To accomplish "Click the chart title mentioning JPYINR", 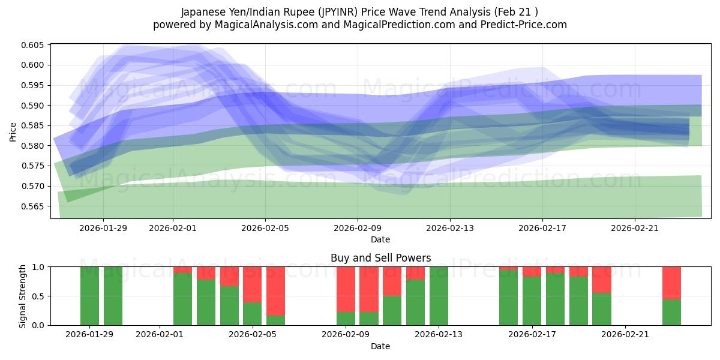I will pos(360,12).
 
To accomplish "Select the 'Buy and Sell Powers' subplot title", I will pos(380,258).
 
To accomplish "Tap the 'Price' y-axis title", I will pos(13,131).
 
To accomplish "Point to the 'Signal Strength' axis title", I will pos(22,296).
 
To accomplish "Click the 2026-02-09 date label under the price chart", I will pos(358,228).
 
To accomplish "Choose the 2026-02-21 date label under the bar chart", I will pos(625,335).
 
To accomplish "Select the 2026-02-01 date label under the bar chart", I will pos(160,335).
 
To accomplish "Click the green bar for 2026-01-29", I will pos(89,296).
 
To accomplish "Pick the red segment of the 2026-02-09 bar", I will pos(346,289).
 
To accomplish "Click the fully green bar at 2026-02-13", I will pos(439,296).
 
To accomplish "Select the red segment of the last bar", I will pos(671,283).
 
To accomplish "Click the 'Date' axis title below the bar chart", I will pos(380,346).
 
